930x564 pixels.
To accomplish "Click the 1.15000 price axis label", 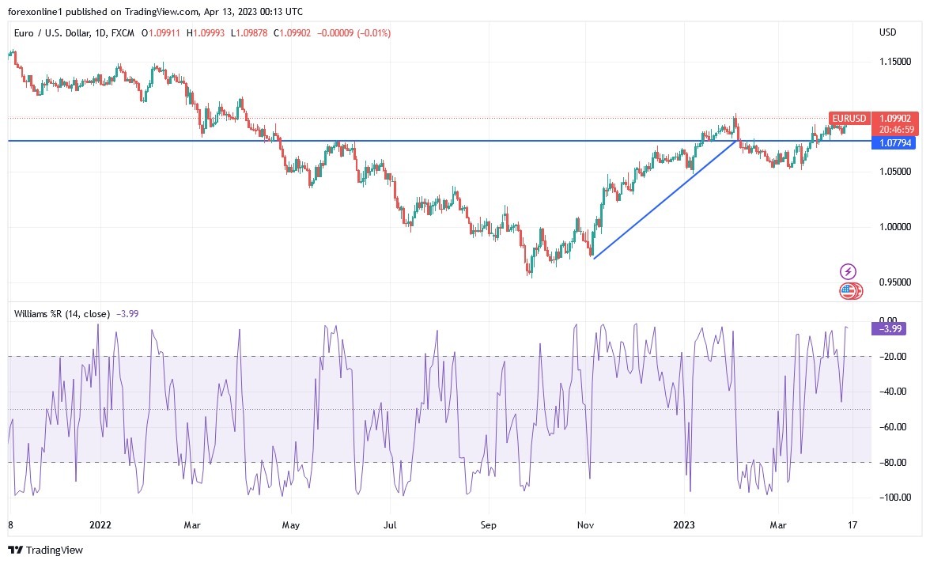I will click(x=894, y=61).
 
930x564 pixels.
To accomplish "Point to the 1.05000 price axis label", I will click(x=894, y=172).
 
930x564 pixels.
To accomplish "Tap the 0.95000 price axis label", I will click(x=894, y=282).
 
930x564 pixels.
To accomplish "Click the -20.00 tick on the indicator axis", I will click(x=895, y=357).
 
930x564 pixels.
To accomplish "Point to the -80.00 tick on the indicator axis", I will click(x=895, y=463).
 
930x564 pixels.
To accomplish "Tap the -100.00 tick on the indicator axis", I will click(x=894, y=498).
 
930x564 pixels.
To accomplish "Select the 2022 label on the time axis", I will click(x=100, y=524).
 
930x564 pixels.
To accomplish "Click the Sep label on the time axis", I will click(x=488, y=524).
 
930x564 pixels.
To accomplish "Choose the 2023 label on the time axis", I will click(x=684, y=524).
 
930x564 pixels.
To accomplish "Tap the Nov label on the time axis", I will click(x=586, y=524).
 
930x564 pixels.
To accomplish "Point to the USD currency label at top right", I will click(x=887, y=33).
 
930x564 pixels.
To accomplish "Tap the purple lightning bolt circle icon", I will click(x=848, y=271).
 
